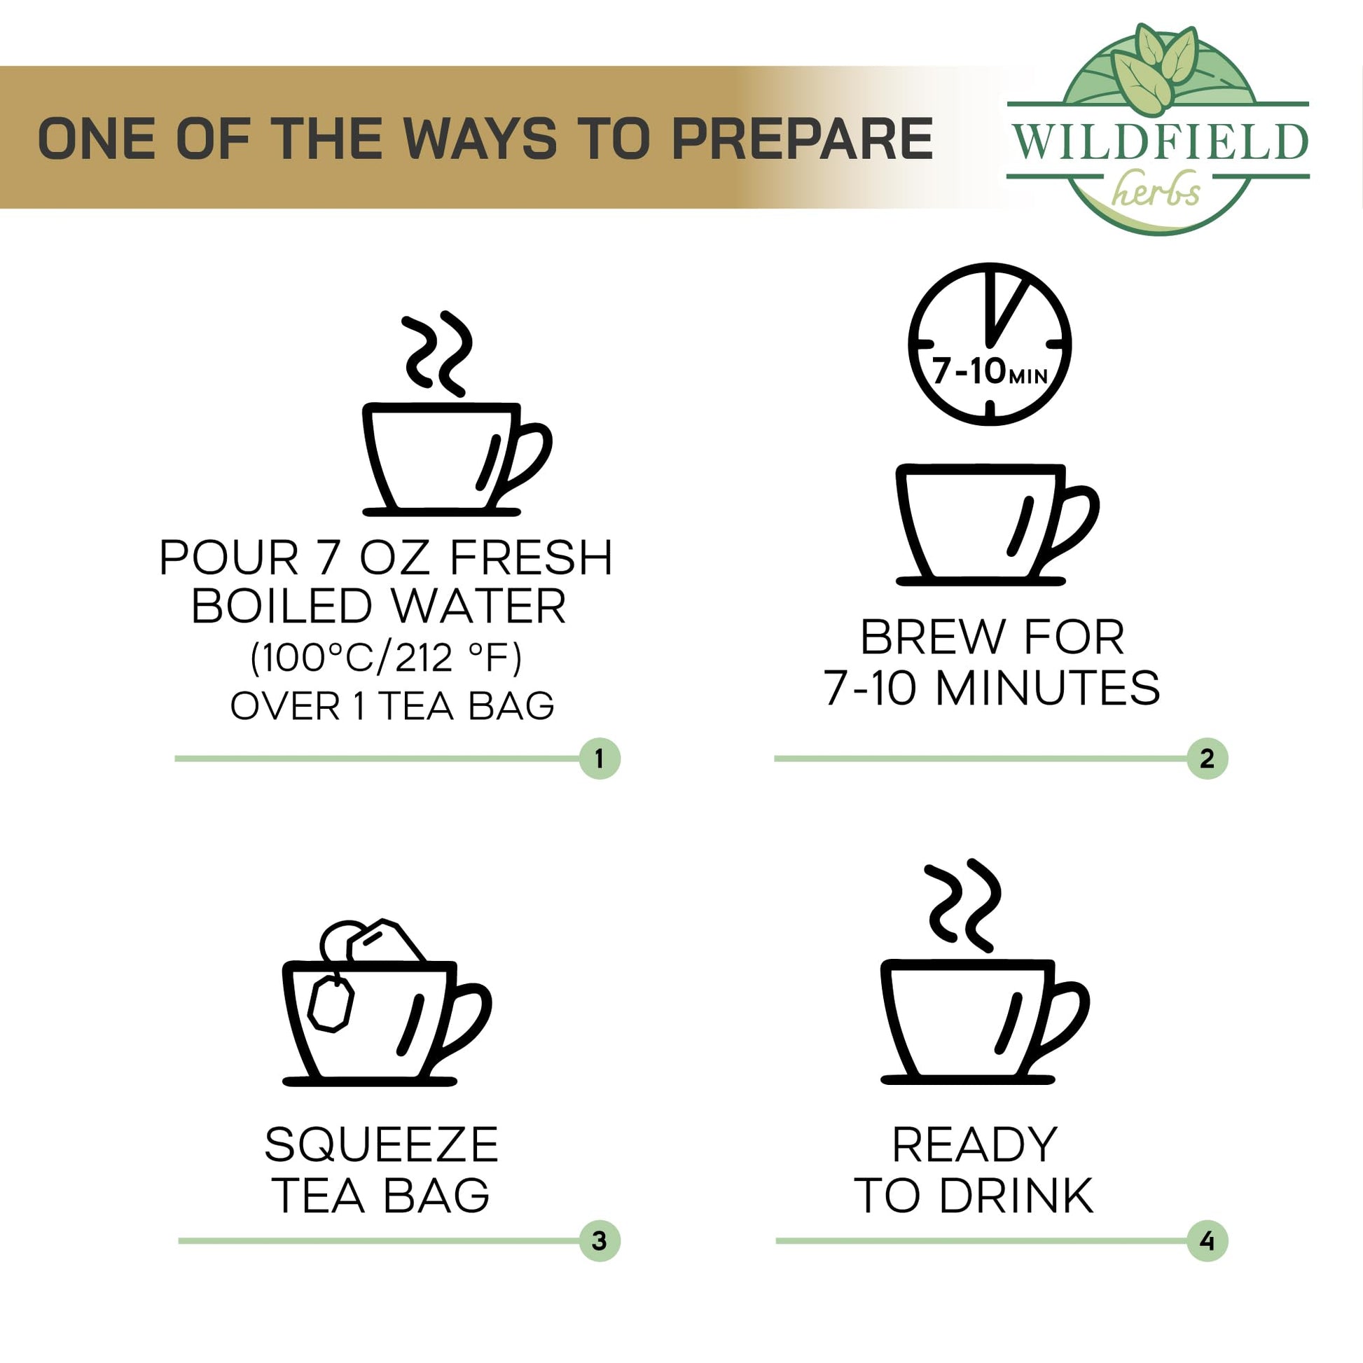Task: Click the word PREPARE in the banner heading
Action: click(802, 138)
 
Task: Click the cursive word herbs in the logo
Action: click(1156, 188)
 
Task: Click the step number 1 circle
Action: click(599, 759)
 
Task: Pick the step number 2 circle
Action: click(1207, 759)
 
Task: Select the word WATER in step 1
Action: click(479, 605)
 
